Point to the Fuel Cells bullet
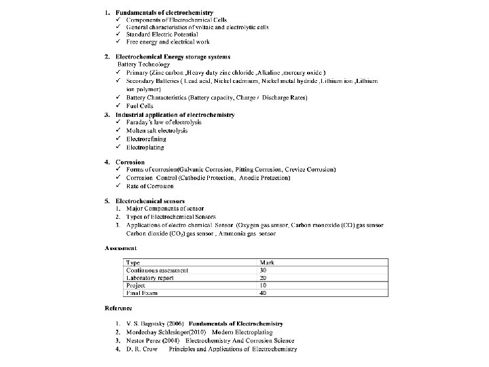point(140,106)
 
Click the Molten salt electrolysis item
point(157,130)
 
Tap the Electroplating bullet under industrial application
point(145,146)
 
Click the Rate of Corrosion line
point(149,186)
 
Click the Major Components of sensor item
point(164,209)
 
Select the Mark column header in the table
point(267,262)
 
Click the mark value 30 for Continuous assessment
point(264,270)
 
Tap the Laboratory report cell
point(150,278)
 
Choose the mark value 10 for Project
point(264,285)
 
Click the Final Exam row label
point(141,293)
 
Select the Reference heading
point(118,309)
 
